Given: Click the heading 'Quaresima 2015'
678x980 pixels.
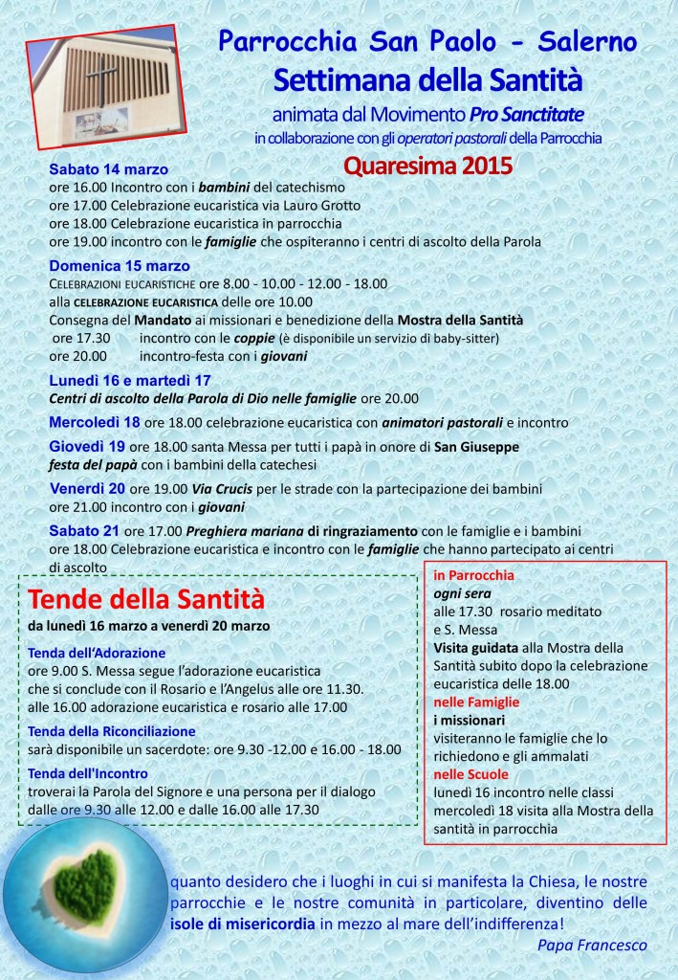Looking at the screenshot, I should (x=427, y=164).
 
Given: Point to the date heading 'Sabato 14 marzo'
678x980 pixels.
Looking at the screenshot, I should (x=108, y=170).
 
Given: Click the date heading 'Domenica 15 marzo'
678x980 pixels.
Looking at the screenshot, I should (x=120, y=265).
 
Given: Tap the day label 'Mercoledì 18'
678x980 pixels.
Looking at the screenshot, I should (x=95, y=421).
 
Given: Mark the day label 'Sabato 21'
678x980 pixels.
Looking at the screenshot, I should (x=85, y=530).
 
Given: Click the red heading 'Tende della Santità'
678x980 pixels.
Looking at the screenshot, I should (x=146, y=600).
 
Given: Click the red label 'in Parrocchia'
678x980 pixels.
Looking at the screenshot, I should (x=474, y=575).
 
